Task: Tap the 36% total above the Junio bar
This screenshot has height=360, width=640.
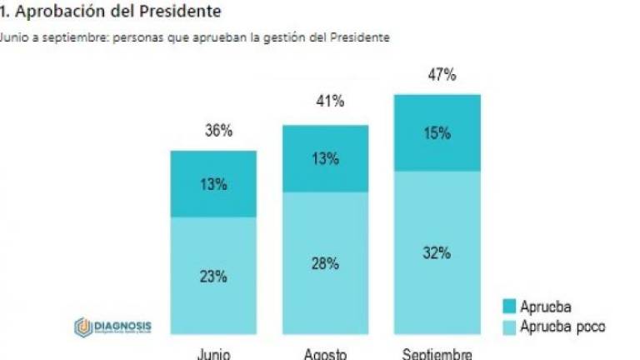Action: [215, 130]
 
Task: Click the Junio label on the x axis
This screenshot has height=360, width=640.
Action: [215, 352]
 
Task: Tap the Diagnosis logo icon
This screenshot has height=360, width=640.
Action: [82, 326]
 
